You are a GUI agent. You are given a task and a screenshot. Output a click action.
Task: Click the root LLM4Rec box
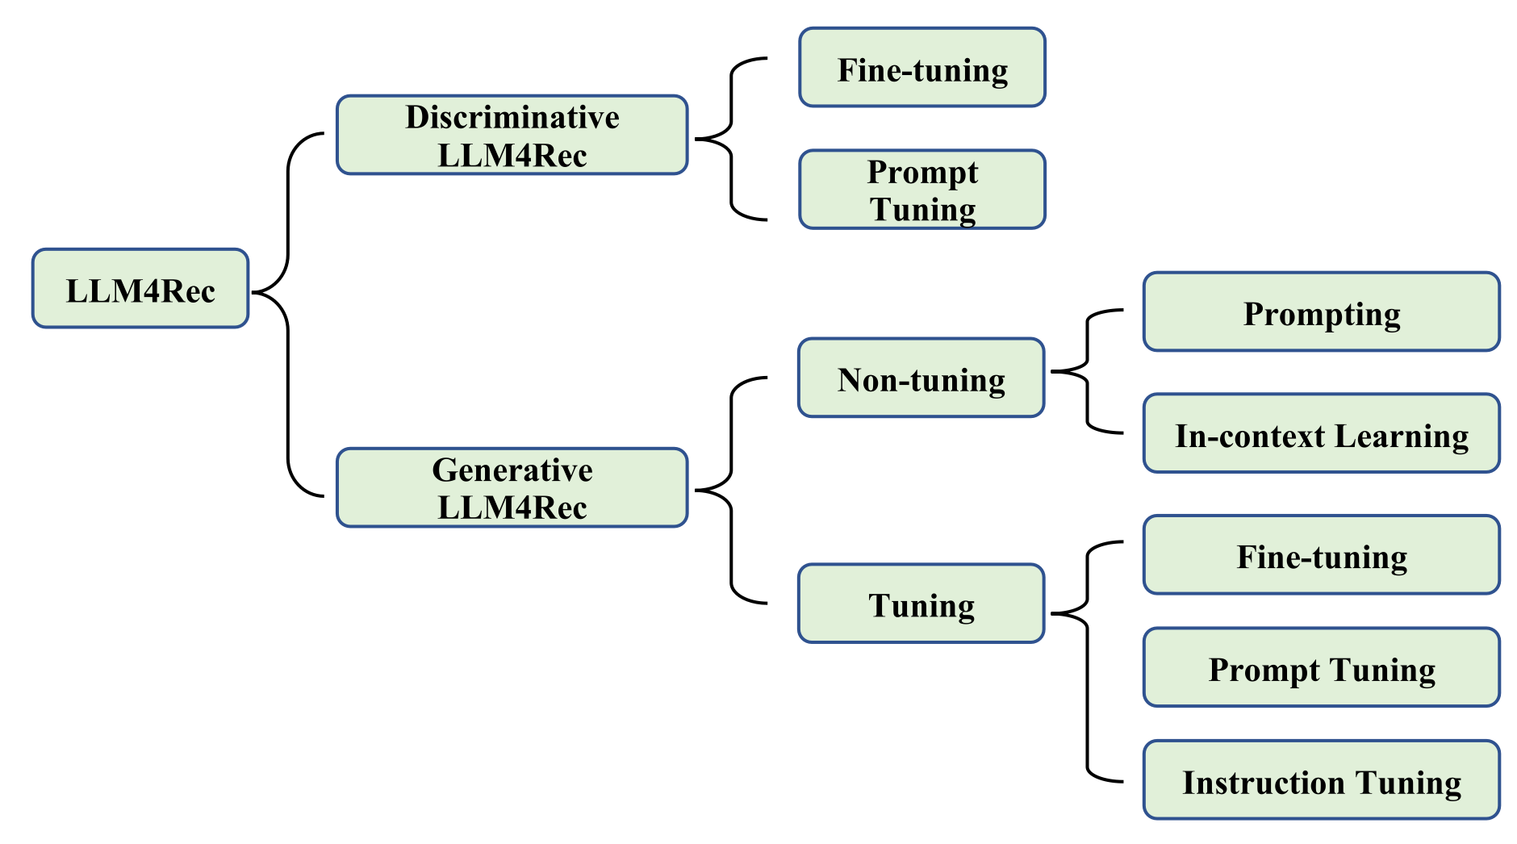coord(140,288)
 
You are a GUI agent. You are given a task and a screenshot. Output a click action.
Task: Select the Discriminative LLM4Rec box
coord(512,135)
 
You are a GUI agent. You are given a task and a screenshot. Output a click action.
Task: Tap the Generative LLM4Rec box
coord(512,487)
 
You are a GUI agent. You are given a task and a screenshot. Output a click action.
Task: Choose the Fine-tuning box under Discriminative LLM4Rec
coord(922,67)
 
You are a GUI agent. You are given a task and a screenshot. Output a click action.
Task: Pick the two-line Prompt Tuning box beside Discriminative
coord(922,189)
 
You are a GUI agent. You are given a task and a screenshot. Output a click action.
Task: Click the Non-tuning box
coord(921,378)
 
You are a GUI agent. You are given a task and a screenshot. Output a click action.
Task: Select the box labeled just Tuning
coord(921,604)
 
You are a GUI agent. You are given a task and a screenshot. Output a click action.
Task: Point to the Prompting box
coord(1322,311)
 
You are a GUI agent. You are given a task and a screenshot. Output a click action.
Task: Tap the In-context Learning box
coord(1322,433)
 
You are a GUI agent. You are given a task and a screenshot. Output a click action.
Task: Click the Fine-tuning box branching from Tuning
coord(1322,555)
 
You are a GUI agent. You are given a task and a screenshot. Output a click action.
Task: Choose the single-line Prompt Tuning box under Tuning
coord(1322,667)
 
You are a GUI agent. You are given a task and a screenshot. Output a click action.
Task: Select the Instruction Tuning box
coord(1322,780)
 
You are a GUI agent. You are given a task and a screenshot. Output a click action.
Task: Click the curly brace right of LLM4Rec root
coord(288,315)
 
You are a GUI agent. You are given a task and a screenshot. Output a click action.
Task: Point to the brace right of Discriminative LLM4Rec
coord(731,139)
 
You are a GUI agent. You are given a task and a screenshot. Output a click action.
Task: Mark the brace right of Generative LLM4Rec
coord(731,490)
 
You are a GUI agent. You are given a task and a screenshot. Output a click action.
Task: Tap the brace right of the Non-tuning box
coord(1088,371)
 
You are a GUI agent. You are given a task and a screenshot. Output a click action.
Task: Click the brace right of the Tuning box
coord(1088,662)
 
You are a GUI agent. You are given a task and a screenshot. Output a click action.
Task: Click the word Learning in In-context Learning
coord(1402,437)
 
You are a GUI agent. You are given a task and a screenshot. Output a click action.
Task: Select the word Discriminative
coord(512,117)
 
